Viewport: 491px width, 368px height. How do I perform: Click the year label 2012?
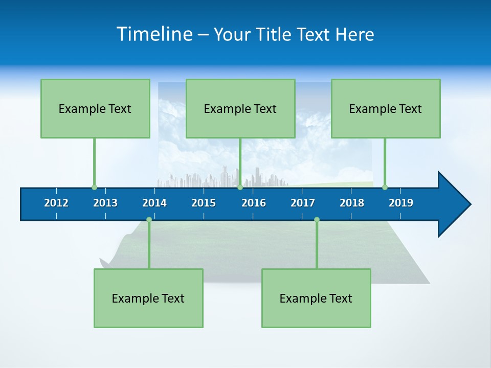coord(56,203)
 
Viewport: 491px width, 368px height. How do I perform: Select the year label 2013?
coord(105,203)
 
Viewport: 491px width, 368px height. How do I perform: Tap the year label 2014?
coord(154,203)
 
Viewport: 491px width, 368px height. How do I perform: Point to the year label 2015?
coord(204,203)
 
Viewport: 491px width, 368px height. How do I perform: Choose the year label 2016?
coord(254,203)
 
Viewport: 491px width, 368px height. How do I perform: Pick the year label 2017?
coord(303,203)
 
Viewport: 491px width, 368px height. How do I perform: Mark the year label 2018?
coord(352,203)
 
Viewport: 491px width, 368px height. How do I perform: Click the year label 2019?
coord(401,203)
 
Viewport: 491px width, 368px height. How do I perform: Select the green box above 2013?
coord(95,108)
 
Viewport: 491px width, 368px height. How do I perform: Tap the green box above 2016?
coord(240,108)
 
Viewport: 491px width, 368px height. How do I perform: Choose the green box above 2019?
coord(386,108)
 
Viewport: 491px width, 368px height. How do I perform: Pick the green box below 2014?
coord(148,298)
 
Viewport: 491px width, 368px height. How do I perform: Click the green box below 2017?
coord(316,298)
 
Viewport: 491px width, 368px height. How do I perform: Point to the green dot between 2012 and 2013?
coord(94,187)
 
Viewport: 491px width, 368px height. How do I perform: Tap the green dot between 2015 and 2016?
coord(240,187)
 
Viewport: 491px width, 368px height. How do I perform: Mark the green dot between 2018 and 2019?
coord(385,187)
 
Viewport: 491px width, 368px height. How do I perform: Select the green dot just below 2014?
coord(149,219)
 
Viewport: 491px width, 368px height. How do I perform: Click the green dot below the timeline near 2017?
coord(317,219)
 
